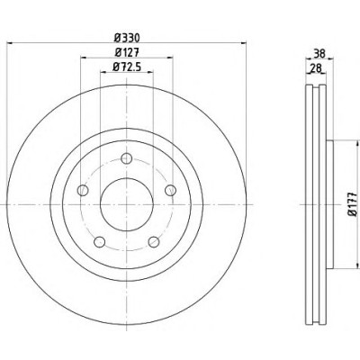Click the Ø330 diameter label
tap(127, 38)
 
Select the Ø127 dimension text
tap(127, 52)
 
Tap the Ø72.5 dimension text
tap(127, 67)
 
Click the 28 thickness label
tap(316, 68)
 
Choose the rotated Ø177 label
tap(353, 204)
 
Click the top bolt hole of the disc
tap(127, 158)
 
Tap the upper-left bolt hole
tap(83, 190)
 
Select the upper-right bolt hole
tap(171, 190)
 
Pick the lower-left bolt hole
tap(100, 242)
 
